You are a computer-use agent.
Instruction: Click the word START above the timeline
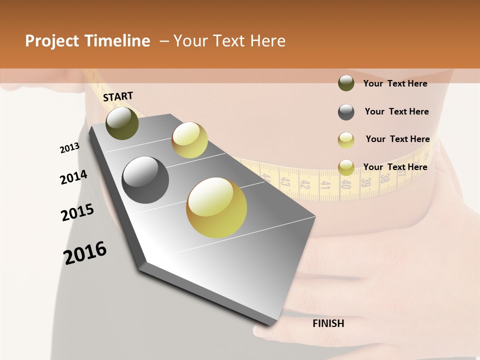pos(118,96)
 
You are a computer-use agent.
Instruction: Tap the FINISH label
pos(328,323)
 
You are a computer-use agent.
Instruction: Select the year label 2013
pos(69,148)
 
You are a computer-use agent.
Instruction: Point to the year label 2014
pos(73,177)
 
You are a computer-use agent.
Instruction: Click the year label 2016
pos(85,253)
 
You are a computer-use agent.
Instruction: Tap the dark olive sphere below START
pos(122,123)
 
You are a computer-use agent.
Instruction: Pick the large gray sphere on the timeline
pos(145,180)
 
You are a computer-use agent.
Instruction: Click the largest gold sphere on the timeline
pos(216,207)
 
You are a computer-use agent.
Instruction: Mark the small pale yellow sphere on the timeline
pos(189,140)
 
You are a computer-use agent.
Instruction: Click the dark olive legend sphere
pos(346,83)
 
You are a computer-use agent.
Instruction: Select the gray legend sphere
pos(346,112)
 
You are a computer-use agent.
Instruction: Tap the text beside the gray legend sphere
pos(396,111)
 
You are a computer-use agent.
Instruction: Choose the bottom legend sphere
pos(346,167)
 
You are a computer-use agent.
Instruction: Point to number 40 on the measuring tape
pos(345,184)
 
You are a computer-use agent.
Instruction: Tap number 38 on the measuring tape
pos(384,178)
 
